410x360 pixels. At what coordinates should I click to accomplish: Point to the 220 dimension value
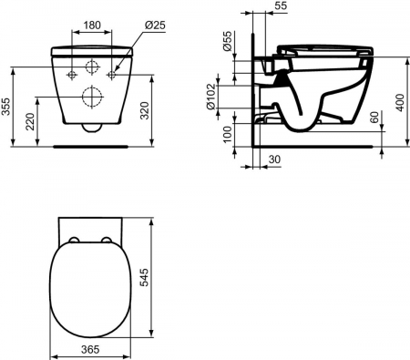coord(33,118)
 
